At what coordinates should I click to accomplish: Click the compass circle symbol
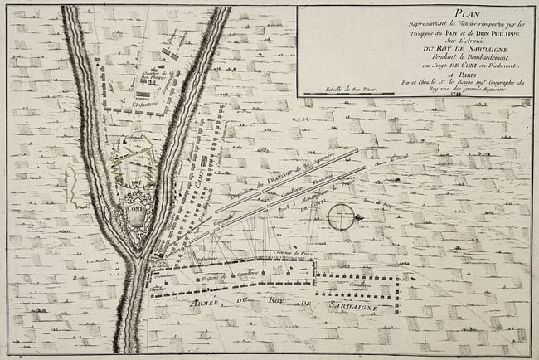pyautogui.click(x=340, y=217)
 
